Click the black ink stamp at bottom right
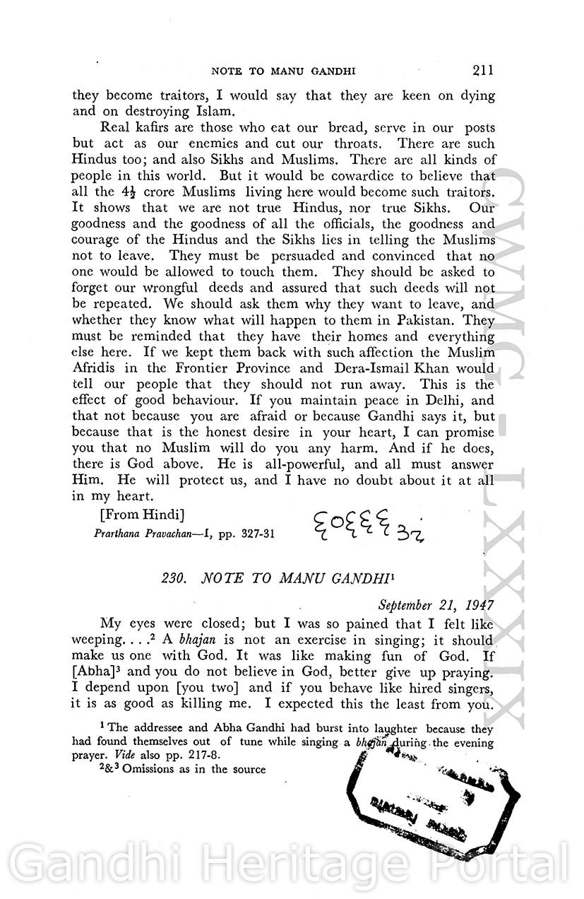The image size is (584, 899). click(x=432, y=799)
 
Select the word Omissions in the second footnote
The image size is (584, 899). click(x=149, y=769)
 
